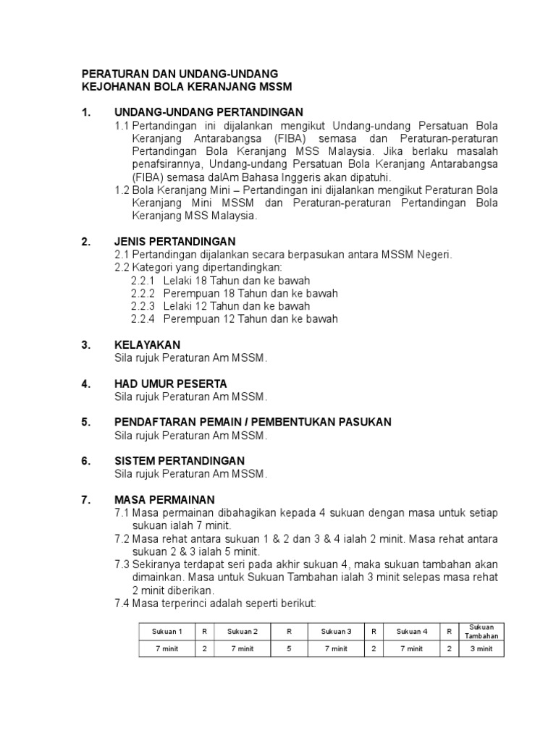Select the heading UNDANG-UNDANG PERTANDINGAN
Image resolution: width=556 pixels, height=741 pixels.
(x=198, y=112)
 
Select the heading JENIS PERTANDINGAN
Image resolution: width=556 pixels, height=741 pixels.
(x=175, y=241)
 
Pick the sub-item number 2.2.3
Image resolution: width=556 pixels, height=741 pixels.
(x=143, y=306)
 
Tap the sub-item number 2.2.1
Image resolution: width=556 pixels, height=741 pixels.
(x=143, y=280)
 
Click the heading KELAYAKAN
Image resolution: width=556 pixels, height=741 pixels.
(x=148, y=344)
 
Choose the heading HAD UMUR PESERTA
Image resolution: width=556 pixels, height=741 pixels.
(x=171, y=384)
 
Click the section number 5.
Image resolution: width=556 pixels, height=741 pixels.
(x=85, y=422)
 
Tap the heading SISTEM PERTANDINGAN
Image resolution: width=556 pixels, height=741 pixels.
(x=180, y=461)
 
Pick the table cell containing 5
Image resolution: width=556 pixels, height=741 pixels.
(x=289, y=649)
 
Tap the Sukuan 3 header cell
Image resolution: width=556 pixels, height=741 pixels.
(x=336, y=631)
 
